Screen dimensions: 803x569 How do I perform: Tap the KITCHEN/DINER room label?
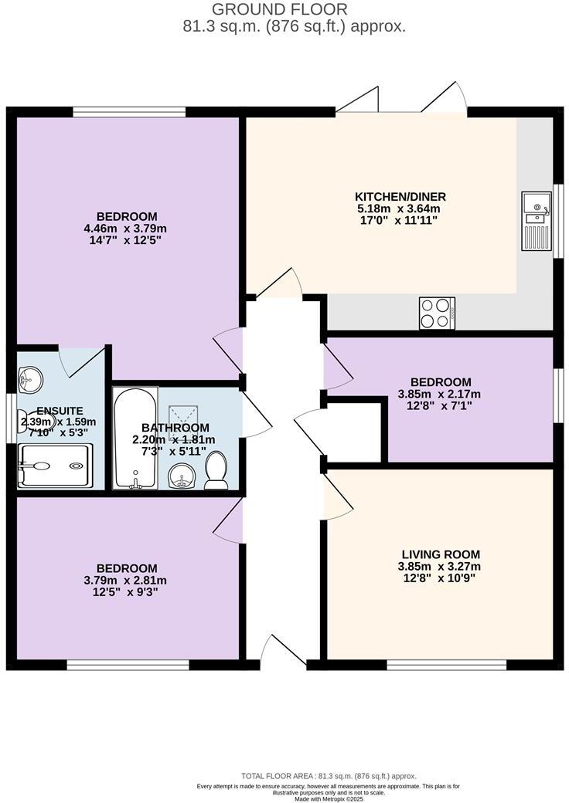tap(400, 196)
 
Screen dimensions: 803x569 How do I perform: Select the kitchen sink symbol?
tap(535, 206)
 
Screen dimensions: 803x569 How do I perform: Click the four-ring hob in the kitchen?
tap(436, 313)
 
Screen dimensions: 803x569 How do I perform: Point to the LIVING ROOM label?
tap(441, 554)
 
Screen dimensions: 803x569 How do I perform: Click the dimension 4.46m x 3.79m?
tap(127, 229)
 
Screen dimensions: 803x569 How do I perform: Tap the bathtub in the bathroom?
tap(135, 439)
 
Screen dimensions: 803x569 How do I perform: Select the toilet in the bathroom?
tap(216, 470)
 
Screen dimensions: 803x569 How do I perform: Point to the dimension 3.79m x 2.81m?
tap(127, 581)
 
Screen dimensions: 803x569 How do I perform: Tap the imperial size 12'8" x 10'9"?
tap(439, 578)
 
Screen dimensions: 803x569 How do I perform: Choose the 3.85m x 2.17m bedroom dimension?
tap(441, 394)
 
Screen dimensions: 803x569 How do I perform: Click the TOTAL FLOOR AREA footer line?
tap(328, 776)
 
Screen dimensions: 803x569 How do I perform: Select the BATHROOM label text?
tap(175, 428)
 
